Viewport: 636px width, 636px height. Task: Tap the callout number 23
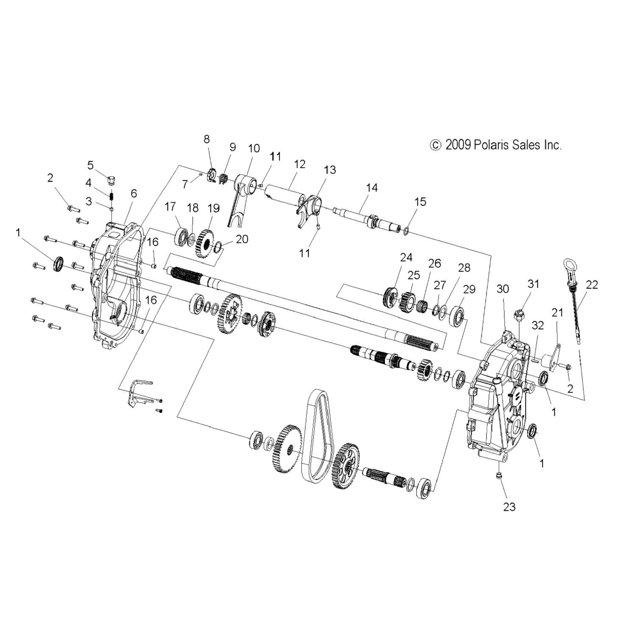(x=509, y=506)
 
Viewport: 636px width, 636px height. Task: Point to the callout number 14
(x=371, y=187)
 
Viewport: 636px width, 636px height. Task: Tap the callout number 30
(x=503, y=289)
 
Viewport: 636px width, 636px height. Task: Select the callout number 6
(x=134, y=193)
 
